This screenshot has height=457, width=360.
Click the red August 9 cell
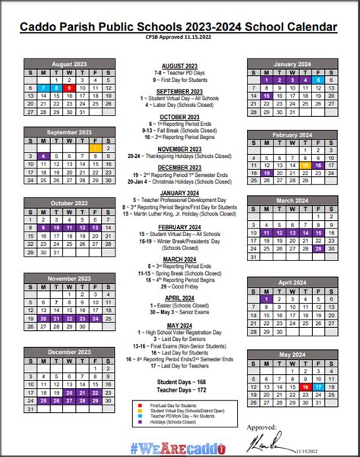69,88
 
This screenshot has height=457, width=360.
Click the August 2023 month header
69,64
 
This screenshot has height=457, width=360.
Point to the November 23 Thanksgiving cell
82,318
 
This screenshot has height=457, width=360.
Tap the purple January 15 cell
267,96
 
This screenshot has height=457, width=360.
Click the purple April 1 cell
267,298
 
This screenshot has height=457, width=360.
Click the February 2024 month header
292,134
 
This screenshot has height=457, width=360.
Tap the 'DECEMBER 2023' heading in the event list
180,167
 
